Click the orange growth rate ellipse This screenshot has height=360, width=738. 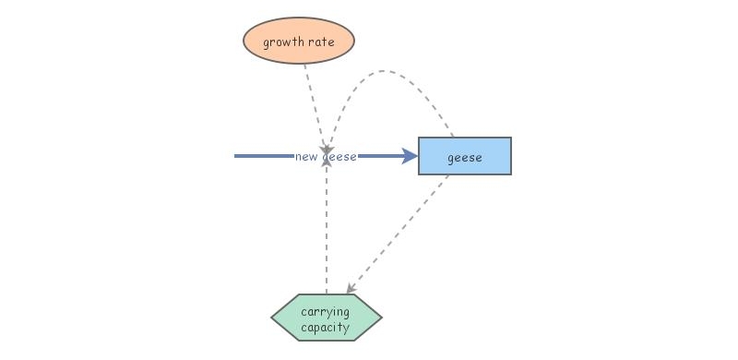[298, 42]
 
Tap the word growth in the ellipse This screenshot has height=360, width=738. [281, 42]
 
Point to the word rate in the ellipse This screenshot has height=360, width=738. [319, 42]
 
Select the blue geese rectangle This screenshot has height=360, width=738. [464, 156]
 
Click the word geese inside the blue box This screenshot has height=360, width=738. [464, 157]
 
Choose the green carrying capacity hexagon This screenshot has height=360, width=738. [327, 318]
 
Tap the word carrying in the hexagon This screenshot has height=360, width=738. [326, 311]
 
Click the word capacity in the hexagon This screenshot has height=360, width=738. [326, 326]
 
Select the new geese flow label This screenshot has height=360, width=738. [327, 157]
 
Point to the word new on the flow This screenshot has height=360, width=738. [306, 157]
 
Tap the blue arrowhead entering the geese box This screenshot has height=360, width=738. [411, 156]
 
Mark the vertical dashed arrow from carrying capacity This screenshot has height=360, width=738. [327, 231]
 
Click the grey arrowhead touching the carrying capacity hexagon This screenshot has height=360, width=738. [350, 290]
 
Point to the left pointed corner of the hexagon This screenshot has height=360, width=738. [273, 318]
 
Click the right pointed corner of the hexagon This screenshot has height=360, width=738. [380, 318]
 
